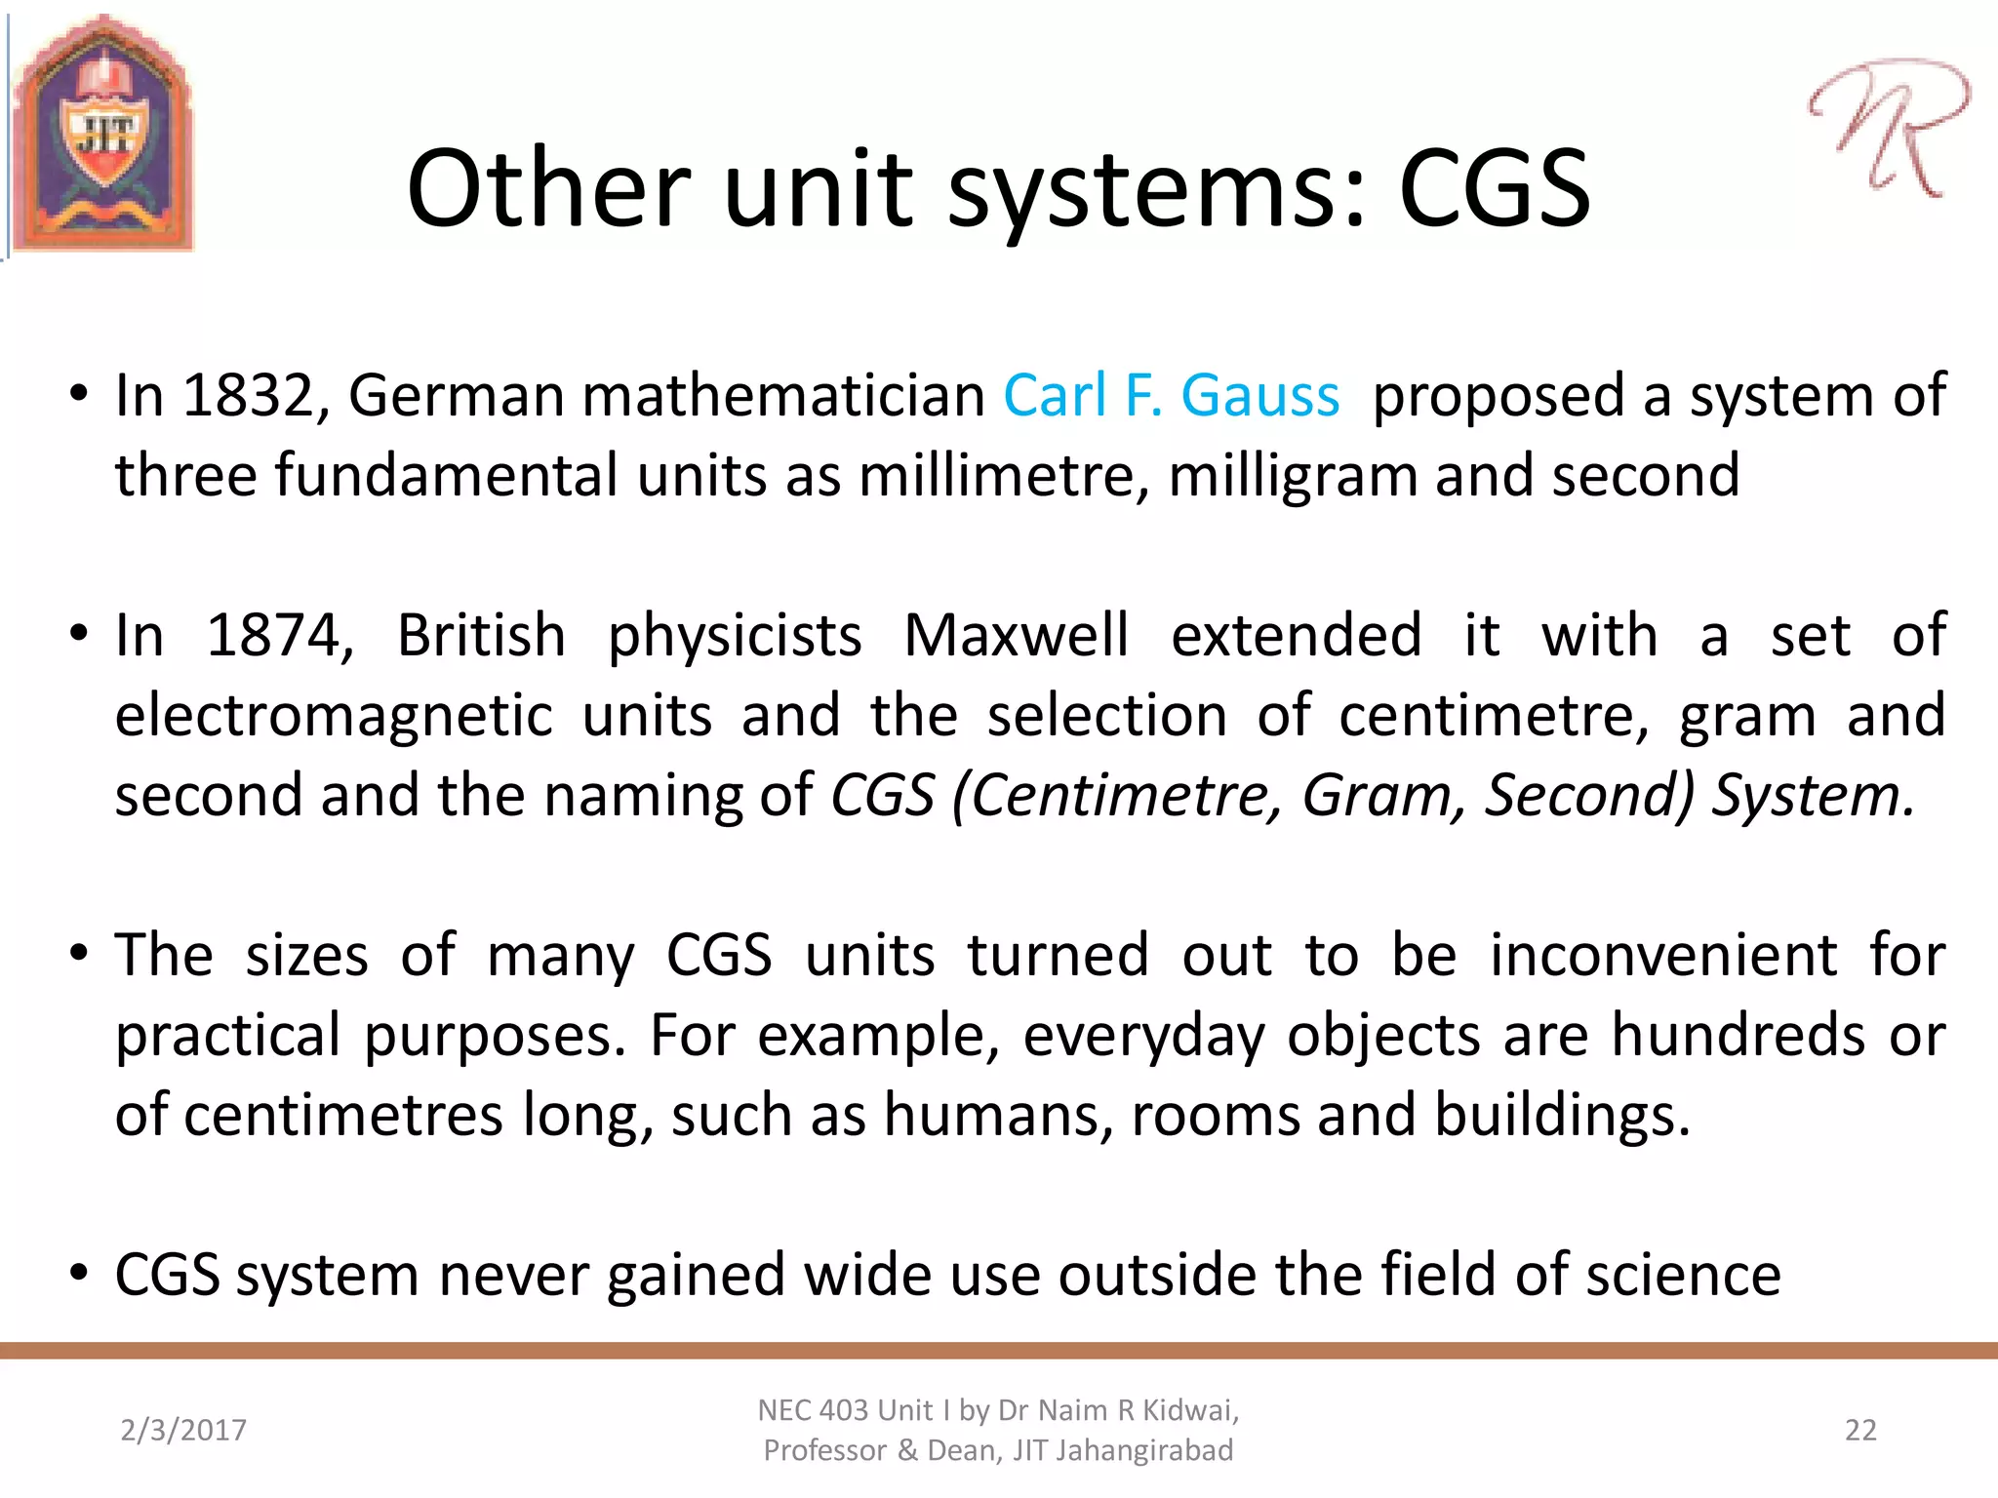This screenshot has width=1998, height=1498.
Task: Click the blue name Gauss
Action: pos(1259,396)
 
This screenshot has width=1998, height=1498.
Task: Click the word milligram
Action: pos(1293,476)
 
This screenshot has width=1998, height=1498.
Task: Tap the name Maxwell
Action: pos(1016,636)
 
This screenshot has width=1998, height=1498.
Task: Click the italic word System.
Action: pos(1813,796)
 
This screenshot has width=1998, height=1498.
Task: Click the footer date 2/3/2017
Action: pos(183,1430)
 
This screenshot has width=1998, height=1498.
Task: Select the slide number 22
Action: pos(1860,1430)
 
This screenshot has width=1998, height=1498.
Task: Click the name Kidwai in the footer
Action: pos(1189,1410)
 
